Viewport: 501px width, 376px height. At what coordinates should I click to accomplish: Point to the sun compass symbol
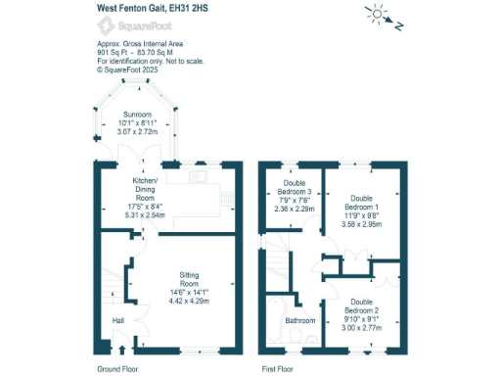[x=377, y=14]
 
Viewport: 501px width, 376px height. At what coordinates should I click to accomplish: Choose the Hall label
[x=118, y=320]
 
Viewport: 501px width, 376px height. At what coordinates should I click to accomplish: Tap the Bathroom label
[x=299, y=320]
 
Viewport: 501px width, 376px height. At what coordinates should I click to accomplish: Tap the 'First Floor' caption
[x=283, y=369]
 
